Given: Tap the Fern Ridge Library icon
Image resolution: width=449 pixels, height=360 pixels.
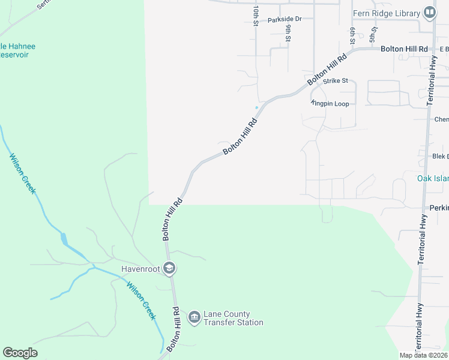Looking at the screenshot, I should click(429, 12).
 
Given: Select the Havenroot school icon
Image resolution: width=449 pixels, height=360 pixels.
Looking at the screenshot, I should click(170, 268).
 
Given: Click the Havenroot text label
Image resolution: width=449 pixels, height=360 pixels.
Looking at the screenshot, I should click(140, 269).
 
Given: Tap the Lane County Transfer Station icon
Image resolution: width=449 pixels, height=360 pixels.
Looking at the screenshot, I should click(194, 317).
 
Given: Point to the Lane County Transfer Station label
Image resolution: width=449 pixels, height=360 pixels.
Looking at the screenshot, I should click(234, 318).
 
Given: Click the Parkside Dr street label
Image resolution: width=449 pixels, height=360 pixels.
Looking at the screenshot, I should click(285, 19).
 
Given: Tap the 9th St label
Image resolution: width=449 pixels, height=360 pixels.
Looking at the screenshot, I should click(289, 33).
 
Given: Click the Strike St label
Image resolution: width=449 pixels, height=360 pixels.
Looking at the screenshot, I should click(336, 80).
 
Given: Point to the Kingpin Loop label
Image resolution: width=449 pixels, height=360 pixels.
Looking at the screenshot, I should click(330, 103).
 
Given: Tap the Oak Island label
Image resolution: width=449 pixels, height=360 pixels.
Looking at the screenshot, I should click(432, 178).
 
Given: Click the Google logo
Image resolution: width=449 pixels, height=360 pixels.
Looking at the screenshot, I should click(20, 353).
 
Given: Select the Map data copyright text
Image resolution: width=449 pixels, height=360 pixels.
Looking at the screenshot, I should click(424, 355).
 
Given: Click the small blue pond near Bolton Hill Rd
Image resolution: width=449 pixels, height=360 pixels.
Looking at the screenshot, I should click(256, 107).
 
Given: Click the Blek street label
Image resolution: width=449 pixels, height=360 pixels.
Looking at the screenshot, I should click(440, 156).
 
